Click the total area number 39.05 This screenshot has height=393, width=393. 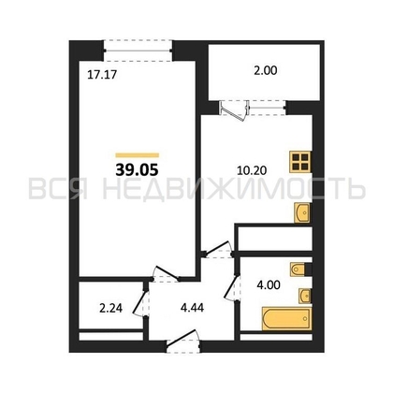(x=137, y=170)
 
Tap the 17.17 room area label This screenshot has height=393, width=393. (x=102, y=75)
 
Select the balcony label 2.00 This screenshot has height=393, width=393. (x=265, y=71)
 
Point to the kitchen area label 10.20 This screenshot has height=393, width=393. (x=252, y=170)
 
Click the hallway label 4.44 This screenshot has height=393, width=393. (x=192, y=308)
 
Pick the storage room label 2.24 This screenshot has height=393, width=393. (x=110, y=309)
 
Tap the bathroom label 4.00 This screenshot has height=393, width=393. (x=269, y=284)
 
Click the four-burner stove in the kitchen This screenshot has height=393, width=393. (x=299, y=162)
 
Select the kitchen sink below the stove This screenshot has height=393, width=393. (x=302, y=212)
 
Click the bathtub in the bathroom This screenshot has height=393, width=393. (x=286, y=318)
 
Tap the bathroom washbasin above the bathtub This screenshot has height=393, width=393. (x=305, y=296)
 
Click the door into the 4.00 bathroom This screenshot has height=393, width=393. (x=232, y=288)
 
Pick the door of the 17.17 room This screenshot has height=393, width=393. (x=166, y=274)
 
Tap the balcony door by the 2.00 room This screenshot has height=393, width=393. (x=234, y=110)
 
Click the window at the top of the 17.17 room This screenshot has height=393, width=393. (x=138, y=51)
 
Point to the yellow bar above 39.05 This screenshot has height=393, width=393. (x=138, y=155)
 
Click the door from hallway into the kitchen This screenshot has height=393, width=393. (x=217, y=250)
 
